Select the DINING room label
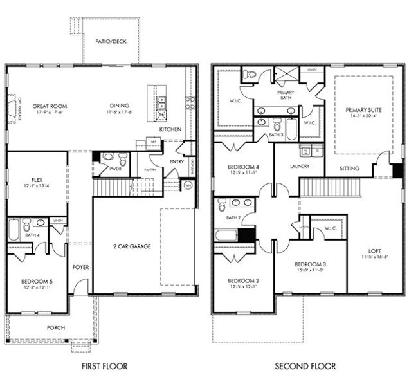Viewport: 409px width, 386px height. (x=119, y=106)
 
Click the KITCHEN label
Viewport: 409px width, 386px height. (x=170, y=129)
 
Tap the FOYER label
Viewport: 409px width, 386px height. (x=80, y=267)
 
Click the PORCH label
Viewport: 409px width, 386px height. (x=56, y=327)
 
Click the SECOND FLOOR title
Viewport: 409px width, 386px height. (x=305, y=366)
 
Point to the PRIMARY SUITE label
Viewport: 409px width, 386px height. (x=363, y=109)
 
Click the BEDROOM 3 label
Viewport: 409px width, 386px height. (x=309, y=264)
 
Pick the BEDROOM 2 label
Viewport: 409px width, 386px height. (x=243, y=281)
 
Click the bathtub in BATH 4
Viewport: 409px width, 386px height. (x=14, y=230)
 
